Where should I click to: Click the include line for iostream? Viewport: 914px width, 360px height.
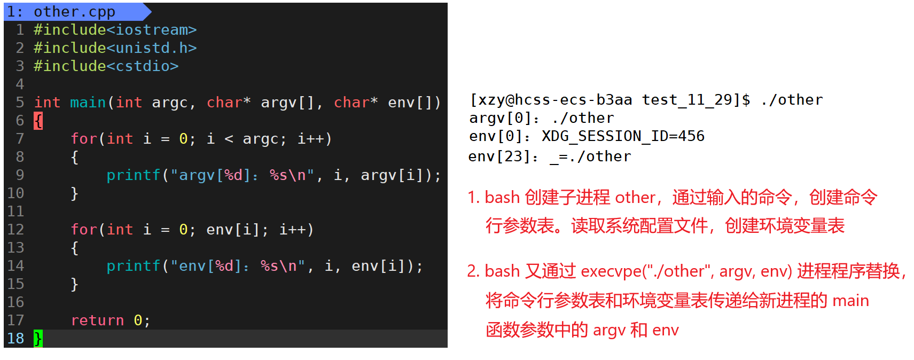[x=115, y=30]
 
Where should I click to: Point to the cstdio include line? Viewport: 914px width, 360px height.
[x=106, y=66]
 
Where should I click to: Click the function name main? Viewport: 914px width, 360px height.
[x=88, y=103]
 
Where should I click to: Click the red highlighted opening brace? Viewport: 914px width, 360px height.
[x=38, y=121]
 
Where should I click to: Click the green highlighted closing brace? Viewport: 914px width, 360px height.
[x=38, y=338]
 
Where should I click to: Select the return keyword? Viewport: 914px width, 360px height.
[x=97, y=320]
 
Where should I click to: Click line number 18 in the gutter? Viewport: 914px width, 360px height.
[x=15, y=338]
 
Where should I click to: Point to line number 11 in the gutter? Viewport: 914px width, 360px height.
[x=15, y=212]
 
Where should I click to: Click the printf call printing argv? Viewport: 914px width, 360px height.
[x=134, y=175]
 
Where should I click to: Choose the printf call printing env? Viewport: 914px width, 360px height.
[x=134, y=266]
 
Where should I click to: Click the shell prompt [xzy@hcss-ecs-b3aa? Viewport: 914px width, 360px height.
[x=550, y=100]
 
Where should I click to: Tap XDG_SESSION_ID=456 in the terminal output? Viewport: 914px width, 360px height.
[x=623, y=136]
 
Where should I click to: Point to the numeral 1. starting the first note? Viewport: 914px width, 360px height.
[x=473, y=198]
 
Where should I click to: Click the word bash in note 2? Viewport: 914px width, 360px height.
[x=502, y=271]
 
